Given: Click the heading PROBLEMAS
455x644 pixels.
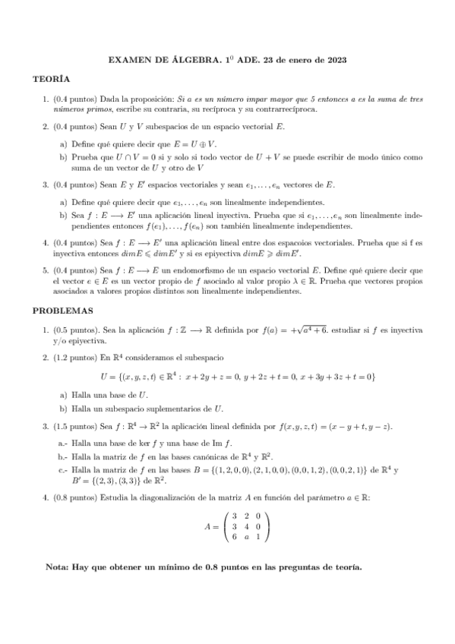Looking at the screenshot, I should coord(62,310).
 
